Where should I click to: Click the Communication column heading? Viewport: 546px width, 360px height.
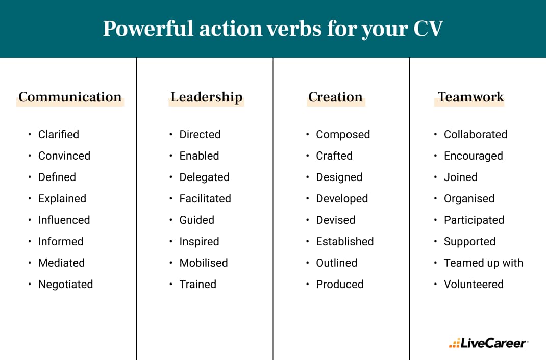pyautogui.click(x=70, y=97)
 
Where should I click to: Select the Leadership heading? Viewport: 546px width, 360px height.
pyautogui.click(x=206, y=97)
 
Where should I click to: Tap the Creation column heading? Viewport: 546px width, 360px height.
pyautogui.click(x=335, y=97)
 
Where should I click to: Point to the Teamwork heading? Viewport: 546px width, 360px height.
pyautogui.click(x=470, y=97)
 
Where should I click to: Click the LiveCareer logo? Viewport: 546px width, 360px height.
pyautogui.click(x=488, y=343)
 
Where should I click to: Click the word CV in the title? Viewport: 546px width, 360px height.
pyautogui.click(x=427, y=29)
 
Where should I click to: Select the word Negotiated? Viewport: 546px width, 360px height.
pyautogui.click(x=65, y=284)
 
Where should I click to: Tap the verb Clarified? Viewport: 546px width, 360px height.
pyautogui.click(x=59, y=134)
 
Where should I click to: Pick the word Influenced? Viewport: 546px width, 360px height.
pyautogui.click(x=64, y=220)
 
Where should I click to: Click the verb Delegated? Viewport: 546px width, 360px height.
pyautogui.click(x=204, y=177)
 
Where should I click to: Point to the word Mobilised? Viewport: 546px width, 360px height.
pyautogui.click(x=203, y=263)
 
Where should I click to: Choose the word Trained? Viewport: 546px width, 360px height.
pyautogui.click(x=197, y=284)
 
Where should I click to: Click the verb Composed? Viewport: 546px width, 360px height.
pyautogui.click(x=343, y=134)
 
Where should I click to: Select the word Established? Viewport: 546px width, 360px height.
pyautogui.click(x=344, y=241)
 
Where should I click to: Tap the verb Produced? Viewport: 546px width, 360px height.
pyautogui.click(x=339, y=284)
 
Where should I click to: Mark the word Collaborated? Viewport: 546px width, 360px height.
pyautogui.click(x=475, y=134)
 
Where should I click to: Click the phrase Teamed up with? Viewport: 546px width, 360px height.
pyautogui.click(x=483, y=263)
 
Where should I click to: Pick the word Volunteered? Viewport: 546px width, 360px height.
pyautogui.click(x=474, y=284)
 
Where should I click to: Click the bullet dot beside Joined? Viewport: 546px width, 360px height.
pyautogui.click(x=435, y=177)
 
